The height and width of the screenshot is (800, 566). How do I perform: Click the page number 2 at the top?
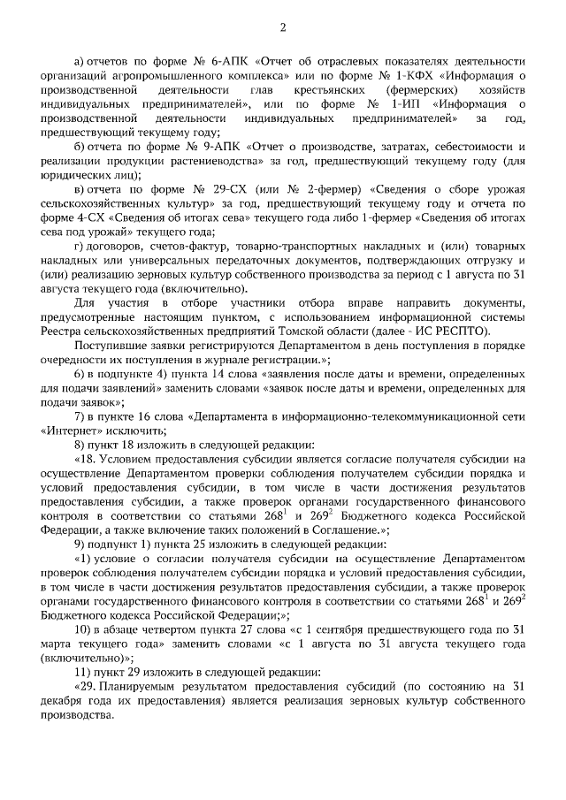284,27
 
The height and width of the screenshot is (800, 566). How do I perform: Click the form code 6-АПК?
230,62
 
